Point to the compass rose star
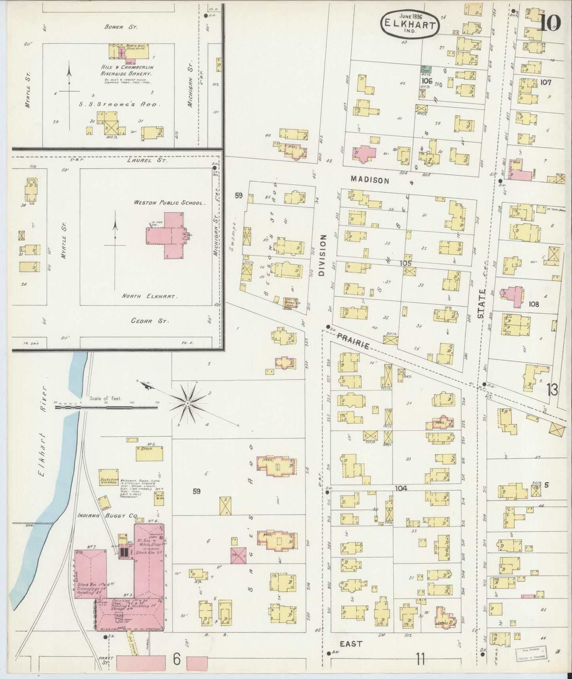pyautogui.click(x=187, y=403)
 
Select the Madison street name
pyautogui.click(x=370, y=180)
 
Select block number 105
pyautogui.click(x=405, y=263)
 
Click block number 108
pyautogui.click(x=534, y=304)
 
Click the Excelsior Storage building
pyautogui.click(x=109, y=478)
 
